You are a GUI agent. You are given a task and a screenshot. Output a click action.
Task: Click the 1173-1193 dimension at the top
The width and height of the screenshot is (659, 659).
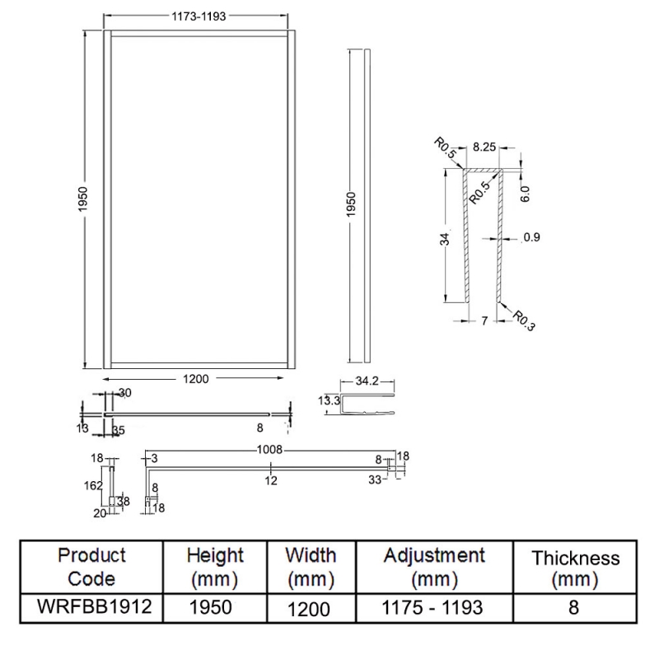click(194, 16)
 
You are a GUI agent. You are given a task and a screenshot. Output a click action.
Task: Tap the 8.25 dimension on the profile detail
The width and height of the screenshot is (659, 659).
click(484, 150)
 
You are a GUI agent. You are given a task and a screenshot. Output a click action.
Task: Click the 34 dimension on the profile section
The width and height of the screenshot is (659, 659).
click(445, 239)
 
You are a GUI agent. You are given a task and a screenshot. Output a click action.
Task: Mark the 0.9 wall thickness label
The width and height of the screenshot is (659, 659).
click(531, 239)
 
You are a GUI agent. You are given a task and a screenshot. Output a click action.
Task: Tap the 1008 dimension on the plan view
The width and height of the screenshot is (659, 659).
click(270, 450)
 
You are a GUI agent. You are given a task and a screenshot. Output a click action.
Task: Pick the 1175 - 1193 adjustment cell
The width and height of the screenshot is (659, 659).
click(434, 608)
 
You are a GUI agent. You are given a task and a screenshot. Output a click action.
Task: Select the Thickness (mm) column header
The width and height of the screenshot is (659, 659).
click(575, 568)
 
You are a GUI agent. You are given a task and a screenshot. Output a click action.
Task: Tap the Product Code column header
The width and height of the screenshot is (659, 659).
click(91, 567)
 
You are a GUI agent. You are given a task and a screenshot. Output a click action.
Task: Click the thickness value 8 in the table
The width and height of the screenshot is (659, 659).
click(575, 608)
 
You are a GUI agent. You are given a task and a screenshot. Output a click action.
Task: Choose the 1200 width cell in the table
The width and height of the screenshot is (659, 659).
click(309, 609)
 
